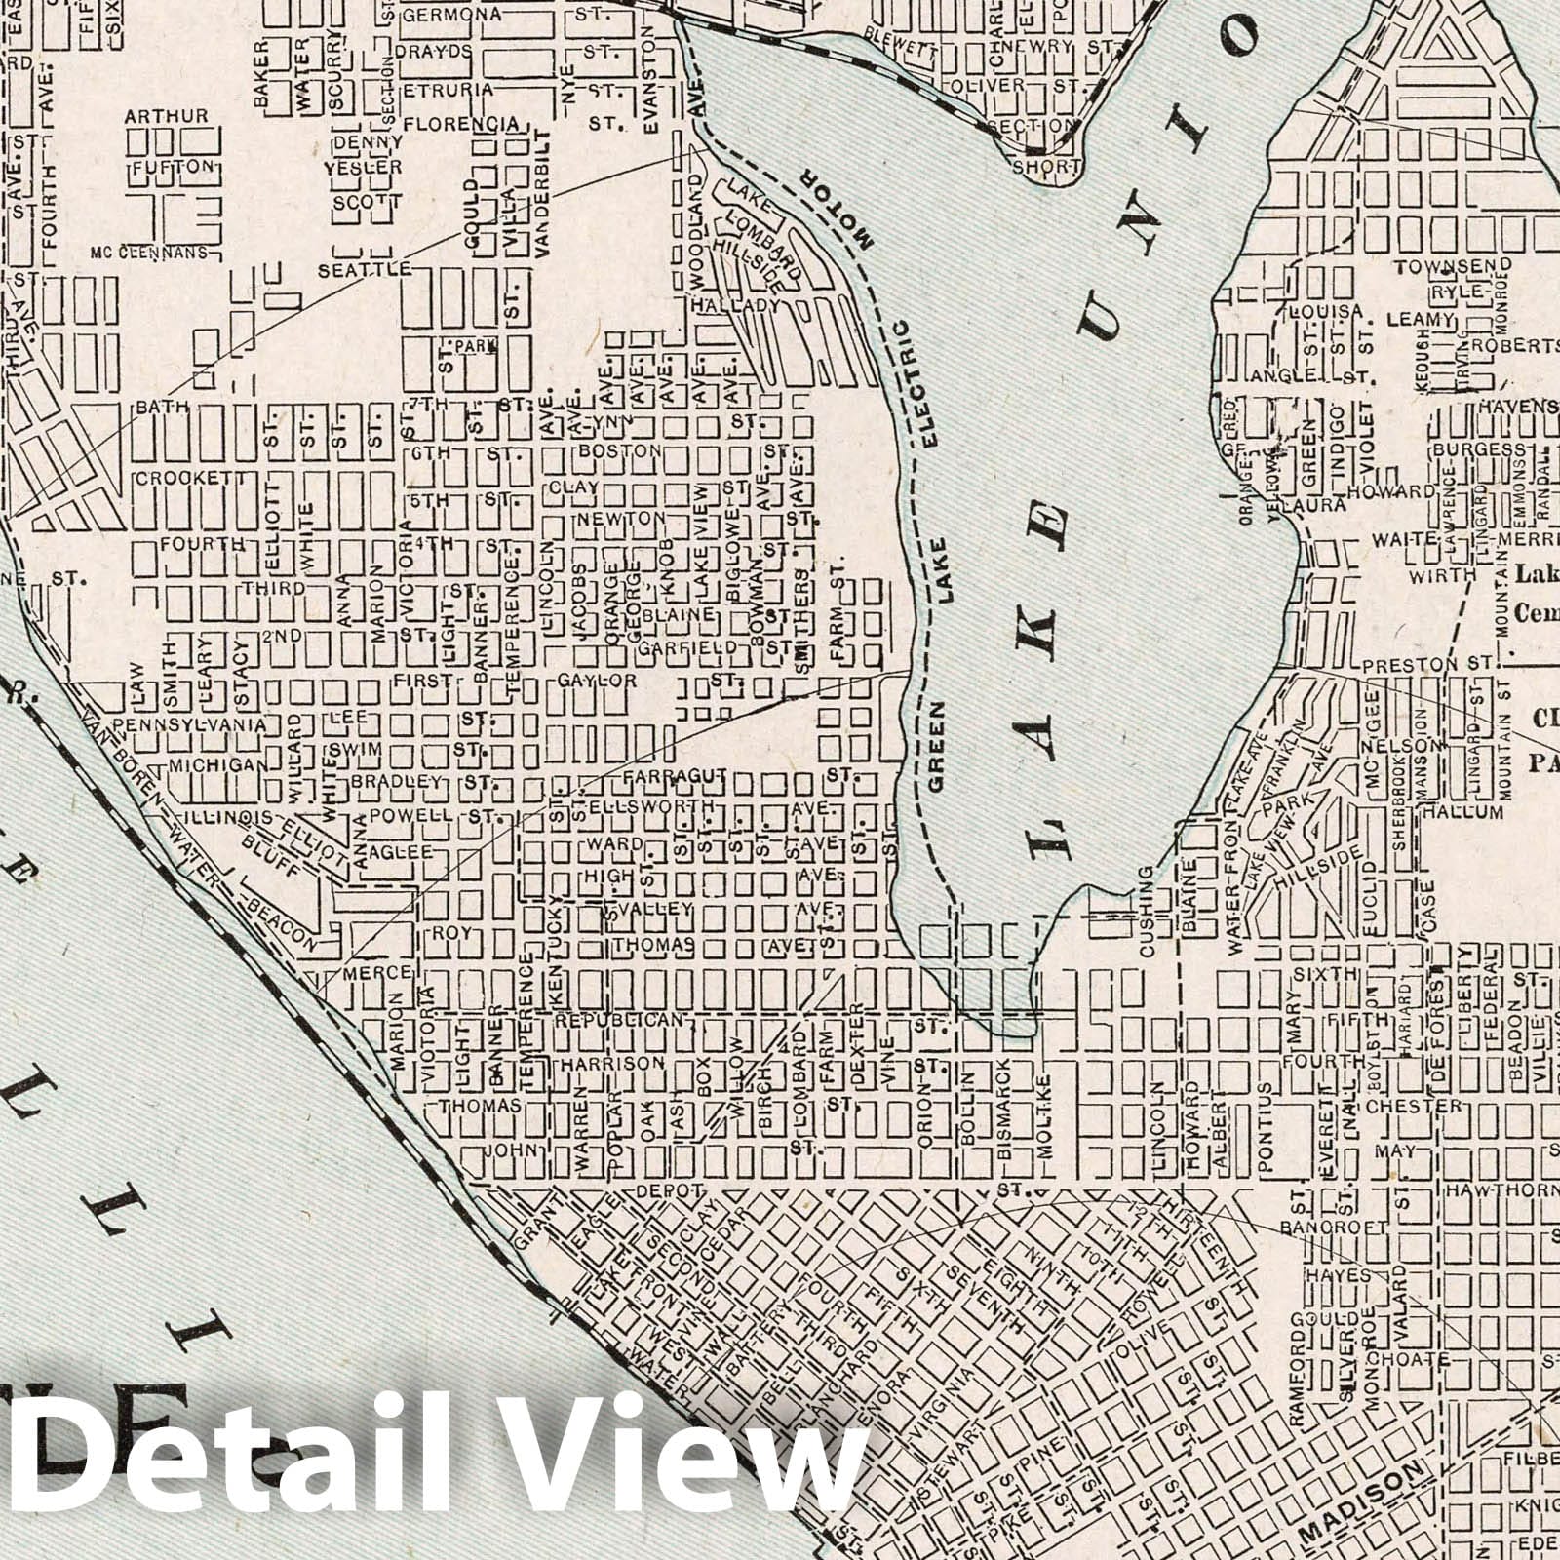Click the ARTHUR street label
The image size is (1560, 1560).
166,117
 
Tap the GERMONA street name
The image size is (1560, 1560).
451,15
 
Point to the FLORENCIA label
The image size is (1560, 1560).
460,124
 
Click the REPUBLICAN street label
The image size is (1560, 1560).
620,1020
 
